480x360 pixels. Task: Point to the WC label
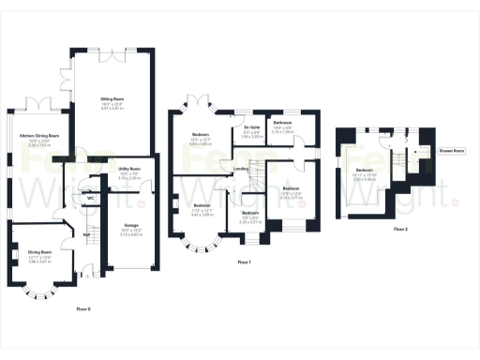pyautogui.click(x=89, y=199)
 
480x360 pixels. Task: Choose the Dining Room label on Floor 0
pyautogui.click(x=39, y=251)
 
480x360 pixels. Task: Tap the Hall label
pyautogui.click(x=84, y=234)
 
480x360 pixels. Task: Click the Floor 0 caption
pyautogui.click(x=84, y=308)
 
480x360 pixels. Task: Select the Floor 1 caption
pyautogui.click(x=245, y=262)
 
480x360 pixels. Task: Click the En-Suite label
pyautogui.click(x=251, y=127)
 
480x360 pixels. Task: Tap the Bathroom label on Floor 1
pyautogui.click(x=282, y=123)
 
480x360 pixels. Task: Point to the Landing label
pyautogui.click(x=241, y=169)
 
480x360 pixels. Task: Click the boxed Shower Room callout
pyautogui.click(x=453, y=150)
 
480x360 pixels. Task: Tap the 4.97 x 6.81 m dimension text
pyautogui.click(x=112, y=106)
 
